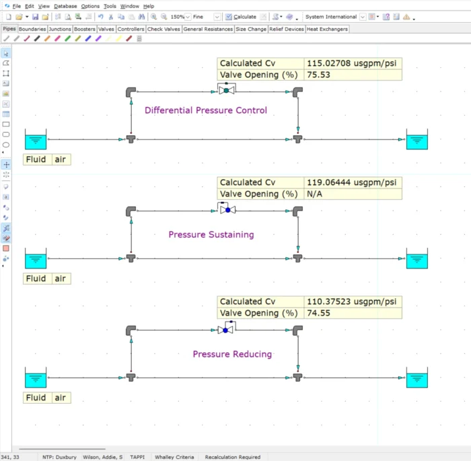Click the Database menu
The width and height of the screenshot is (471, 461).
(65, 6)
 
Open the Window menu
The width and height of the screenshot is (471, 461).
(130, 6)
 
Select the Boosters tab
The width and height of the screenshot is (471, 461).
(85, 29)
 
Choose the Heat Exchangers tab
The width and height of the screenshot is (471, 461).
(328, 29)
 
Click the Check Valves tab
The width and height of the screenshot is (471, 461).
(164, 29)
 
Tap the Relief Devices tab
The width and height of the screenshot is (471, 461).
(286, 29)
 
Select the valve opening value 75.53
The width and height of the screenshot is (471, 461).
(319, 75)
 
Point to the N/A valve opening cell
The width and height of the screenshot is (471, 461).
(315, 194)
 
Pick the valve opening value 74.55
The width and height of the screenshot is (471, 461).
(319, 313)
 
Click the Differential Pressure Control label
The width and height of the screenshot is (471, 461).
(205, 110)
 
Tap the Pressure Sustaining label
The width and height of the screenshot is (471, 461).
(211, 235)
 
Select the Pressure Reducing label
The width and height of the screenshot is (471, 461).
(232, 354)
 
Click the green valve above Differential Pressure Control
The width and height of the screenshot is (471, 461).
(227, 90)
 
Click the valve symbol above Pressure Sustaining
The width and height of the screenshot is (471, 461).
(227, 210)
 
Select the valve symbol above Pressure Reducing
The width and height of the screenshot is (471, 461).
(227, 330)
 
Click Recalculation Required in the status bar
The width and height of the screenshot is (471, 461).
(232, 457)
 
